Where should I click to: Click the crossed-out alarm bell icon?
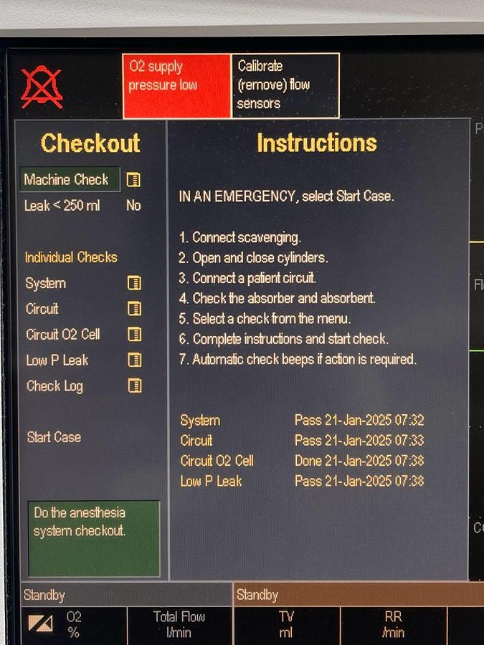coord(42,87)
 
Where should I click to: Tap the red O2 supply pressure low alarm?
coord(177,85)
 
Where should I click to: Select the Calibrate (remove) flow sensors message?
coord(285,85)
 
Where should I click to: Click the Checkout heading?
coord(90,143)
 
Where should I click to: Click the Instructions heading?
coord(317,143)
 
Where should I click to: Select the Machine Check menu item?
coord(70,179)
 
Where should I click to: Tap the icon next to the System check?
coord(134,283)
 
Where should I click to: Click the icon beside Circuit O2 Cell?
coord(135,335)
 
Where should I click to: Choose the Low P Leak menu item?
coord(57,360)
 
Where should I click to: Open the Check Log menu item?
coord(54,386)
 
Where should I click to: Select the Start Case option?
coord(54,437)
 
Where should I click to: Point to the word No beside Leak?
coord(133,205)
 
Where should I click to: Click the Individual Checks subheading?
coord(71,257)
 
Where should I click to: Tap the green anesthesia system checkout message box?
coord(94,538)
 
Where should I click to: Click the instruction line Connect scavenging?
coord(240,237)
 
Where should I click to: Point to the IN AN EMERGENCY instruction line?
coord(286,196)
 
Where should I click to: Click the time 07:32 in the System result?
coord(409,420)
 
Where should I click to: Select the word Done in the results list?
coord(308,460)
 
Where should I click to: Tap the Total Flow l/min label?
coord(179,624)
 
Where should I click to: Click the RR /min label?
coord(393,624)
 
